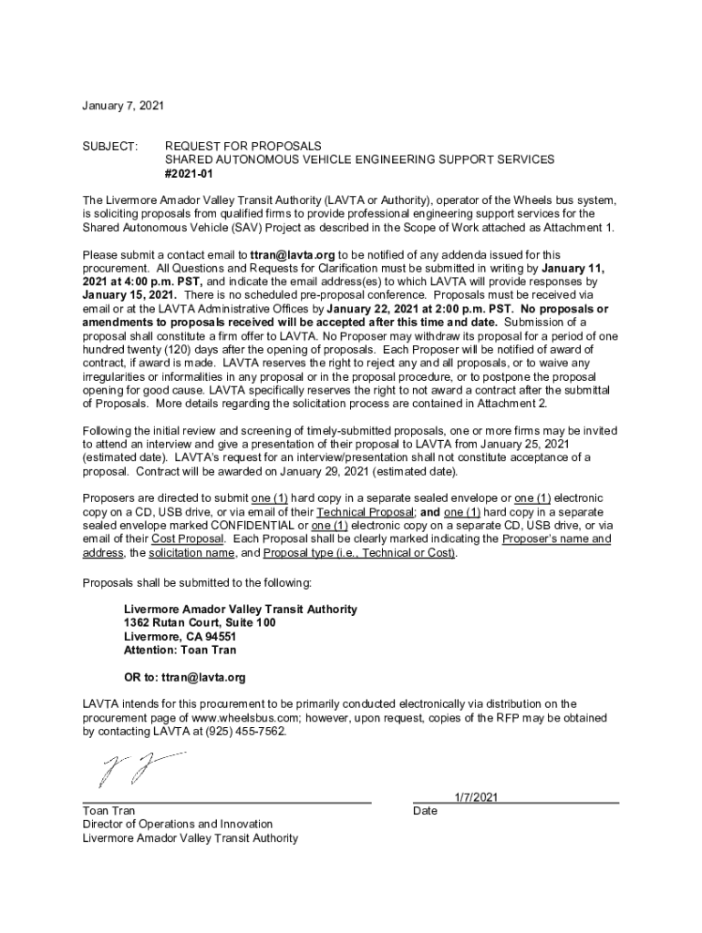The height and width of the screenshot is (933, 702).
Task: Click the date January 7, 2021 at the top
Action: pyautogui.click(x=123, y=107)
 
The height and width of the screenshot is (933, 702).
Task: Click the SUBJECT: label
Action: pyautogui.click(x=109, y=146)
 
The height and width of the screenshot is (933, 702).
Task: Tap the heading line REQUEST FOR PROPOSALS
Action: pyautogui.click(x=243, y=146)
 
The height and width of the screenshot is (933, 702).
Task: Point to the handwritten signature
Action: pyautogui.click(x=137, y=768)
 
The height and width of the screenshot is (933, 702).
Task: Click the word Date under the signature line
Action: pyautogui.click(x=425, y=810)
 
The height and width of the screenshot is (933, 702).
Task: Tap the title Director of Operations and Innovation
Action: pyautogui.click(x=177, y=824)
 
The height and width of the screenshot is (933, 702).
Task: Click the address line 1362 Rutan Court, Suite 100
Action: pyautogui.click(x=199, y=622)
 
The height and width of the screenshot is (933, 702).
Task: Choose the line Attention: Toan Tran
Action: pyautogui.click(x=180, y=650)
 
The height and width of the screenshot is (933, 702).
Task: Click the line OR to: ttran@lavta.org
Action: pyautogui.click(x=184, y=678)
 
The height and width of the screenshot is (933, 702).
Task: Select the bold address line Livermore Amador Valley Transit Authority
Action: pyautogui.click(x=240, y=609)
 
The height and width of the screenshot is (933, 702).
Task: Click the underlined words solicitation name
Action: pyautogui.click(x=191, y=553)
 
